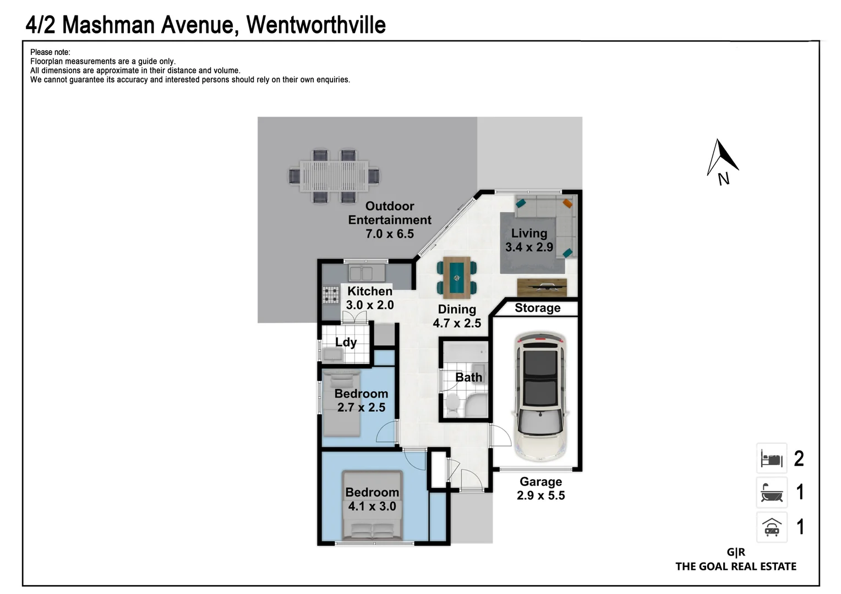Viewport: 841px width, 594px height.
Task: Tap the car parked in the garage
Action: pos(540,396)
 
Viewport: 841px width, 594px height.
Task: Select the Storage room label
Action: pos(537,308)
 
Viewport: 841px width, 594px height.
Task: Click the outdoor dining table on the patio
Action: pos(334,176)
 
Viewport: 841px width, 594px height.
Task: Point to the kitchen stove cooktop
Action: pos(331,295)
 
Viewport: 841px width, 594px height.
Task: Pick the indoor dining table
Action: pos(457,277)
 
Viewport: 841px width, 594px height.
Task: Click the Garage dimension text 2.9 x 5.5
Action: pos(540,496)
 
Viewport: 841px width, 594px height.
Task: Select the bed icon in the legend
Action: pos(772,458)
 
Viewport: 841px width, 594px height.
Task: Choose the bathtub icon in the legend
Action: pos(772,492)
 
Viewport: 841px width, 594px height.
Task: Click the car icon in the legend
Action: pos(772,527)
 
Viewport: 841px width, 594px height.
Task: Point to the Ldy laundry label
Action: pos(346,342)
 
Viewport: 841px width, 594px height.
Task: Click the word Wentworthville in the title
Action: pos(315,25)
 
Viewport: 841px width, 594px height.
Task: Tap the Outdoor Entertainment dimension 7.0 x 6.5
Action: pos(390,234)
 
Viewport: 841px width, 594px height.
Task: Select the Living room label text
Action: pos(529,233)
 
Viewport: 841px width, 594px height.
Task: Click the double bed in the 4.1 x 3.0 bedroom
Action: pos(372,505)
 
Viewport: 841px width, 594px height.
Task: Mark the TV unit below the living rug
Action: pos(542,287)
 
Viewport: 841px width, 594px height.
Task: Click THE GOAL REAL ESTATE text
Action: pos(735,566)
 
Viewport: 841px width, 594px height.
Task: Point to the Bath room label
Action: pos(468,377)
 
